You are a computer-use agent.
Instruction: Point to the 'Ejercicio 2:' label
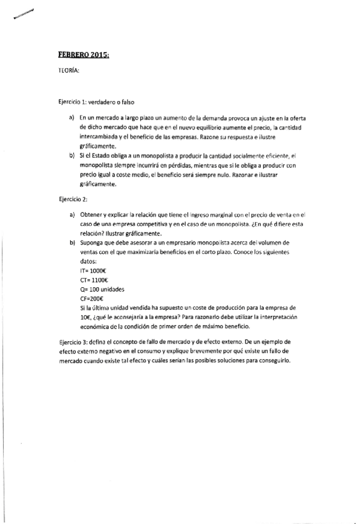coord(73,199)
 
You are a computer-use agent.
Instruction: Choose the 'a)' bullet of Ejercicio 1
coord(72,118)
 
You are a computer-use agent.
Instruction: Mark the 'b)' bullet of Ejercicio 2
coord(72,244)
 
